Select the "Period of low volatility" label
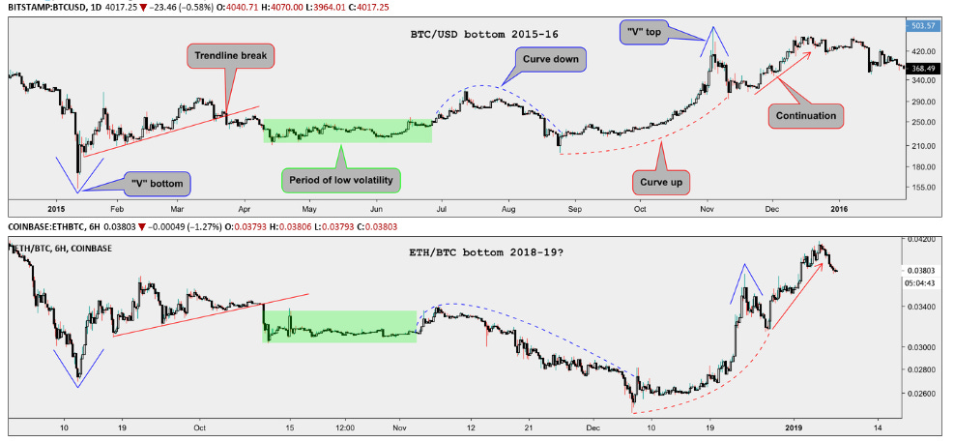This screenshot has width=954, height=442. tap(340, 179)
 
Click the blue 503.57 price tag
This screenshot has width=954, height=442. tap(925, 26)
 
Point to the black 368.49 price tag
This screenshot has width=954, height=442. tap(925, 68)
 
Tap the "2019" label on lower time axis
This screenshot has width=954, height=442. tap(794, 427)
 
